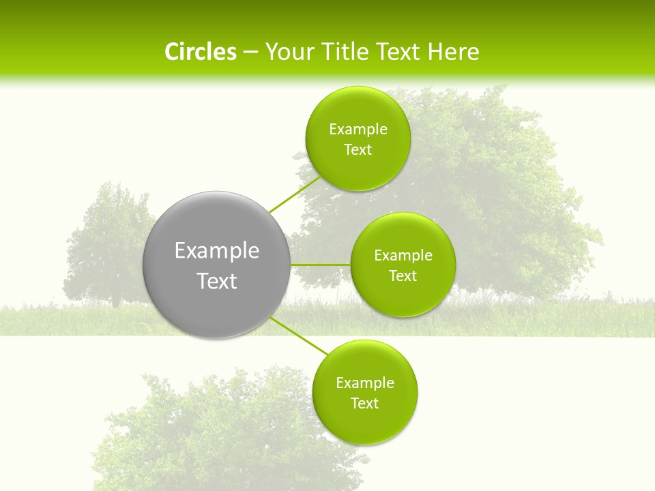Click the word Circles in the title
click(x=200, y=52)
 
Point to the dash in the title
click(x=250, y=53)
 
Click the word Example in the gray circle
click(x=216, y=251)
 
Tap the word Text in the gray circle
click(x=216, y=281)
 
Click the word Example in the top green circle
click(x=358, y=130)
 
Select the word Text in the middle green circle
click(x=403, y=276)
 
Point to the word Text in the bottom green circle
click(x=364, y=404)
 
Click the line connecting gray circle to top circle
click(x=295, y=194)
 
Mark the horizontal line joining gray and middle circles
click(x=321, y=265)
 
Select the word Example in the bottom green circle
click(x=364, y=383)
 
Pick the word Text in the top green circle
click(x=358, y=150)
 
